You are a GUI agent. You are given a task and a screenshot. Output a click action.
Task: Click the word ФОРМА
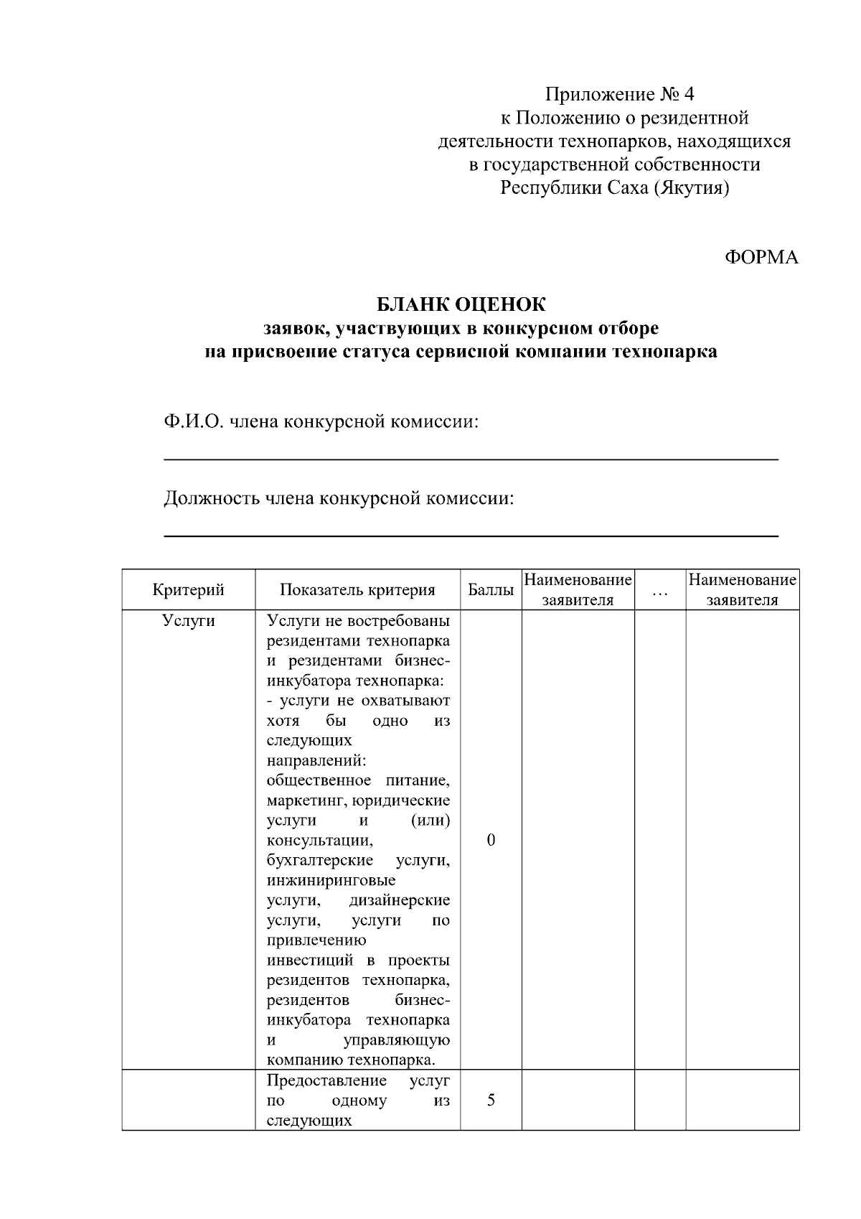point(761,258)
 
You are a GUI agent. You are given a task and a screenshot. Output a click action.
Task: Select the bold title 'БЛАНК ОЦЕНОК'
point(461,304)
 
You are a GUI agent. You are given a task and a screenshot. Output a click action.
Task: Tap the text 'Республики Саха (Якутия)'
point(614,188)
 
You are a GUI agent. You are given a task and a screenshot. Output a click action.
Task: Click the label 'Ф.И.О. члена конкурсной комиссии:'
point(321,421)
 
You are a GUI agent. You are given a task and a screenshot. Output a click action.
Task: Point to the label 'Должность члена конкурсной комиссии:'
point(339,498)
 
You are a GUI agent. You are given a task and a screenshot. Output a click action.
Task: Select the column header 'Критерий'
point(188,589)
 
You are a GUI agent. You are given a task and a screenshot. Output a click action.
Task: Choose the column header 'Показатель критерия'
point(357,589)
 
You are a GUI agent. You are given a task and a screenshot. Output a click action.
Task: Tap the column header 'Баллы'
point(491,589)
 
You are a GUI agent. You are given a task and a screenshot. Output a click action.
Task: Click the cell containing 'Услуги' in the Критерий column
point(188,620)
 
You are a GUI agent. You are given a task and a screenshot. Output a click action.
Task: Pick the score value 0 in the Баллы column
point(491,840)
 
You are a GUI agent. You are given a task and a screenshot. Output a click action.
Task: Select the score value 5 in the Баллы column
point(491,1100)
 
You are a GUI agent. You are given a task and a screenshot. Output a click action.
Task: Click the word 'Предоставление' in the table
point(326,1080)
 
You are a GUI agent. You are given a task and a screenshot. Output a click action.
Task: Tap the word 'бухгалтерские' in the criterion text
point(319,860)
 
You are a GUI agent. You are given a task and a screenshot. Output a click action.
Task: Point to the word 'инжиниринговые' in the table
point(331,880)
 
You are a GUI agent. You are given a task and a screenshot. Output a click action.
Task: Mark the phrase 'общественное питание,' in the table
point(358,780)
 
